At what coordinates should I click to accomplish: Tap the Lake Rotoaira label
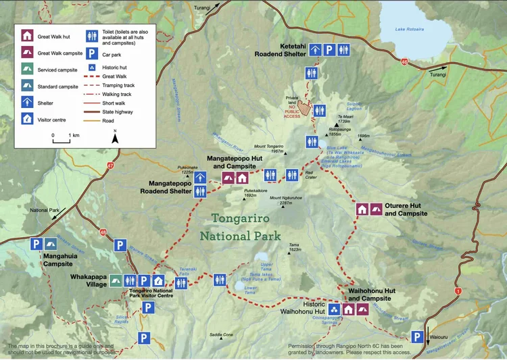410,29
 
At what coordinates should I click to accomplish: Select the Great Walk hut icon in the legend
27,36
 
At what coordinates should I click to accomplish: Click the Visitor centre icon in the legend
27,119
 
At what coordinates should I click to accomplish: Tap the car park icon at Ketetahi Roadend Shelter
328,50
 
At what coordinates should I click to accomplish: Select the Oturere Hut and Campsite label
406,209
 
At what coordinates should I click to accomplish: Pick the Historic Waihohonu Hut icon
334,309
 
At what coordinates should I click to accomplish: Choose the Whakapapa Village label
88,280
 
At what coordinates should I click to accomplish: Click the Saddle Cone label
221,334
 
